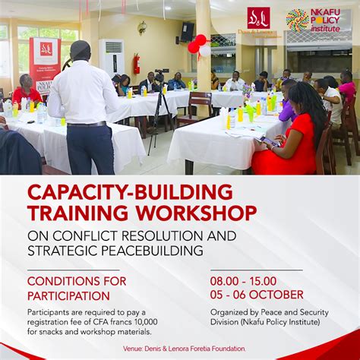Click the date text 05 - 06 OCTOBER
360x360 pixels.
tap(257, 295)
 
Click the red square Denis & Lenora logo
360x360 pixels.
tap(258, 18)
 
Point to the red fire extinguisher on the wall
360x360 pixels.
tap(136, 64)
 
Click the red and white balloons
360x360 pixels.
tap(199, 46)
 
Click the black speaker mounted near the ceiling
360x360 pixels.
tap(186, 31)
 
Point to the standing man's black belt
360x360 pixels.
tap(87, 124)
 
